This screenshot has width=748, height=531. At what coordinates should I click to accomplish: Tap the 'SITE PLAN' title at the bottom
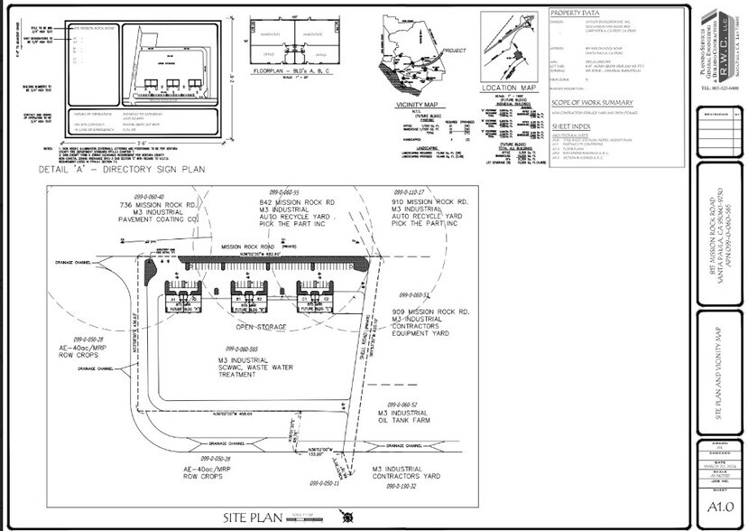[x=246, y=517]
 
